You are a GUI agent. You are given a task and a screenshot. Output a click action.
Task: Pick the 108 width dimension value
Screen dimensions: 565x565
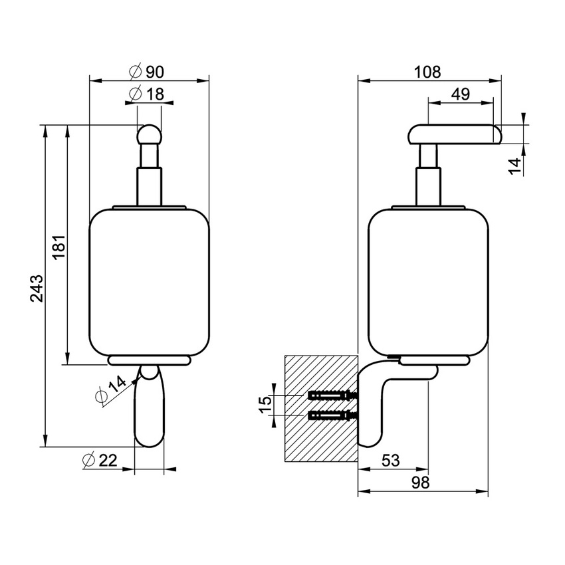pos(427,72)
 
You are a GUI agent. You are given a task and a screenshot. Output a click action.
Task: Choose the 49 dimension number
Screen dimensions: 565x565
pos(461,94)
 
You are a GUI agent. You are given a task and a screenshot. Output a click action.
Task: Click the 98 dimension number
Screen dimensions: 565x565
pos(420,483)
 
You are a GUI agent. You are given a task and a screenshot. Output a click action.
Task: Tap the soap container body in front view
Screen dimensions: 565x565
pos(149,282)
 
